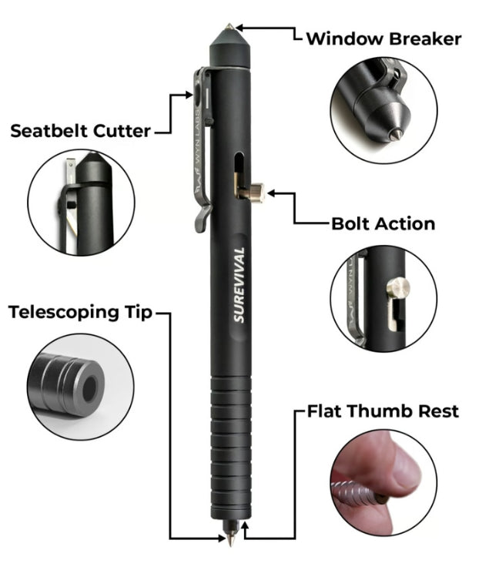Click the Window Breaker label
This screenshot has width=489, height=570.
[x=383, y=39]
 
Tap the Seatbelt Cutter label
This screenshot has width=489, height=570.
[x=80, y=131]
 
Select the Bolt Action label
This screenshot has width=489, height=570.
[x=383, y=223]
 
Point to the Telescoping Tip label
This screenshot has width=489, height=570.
[x=80, y=312]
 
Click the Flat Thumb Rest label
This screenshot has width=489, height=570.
[x=383, y=411]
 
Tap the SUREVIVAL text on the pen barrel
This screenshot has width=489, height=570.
[x=239, y=285]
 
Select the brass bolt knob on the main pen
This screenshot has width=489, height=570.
[x=257, y=193]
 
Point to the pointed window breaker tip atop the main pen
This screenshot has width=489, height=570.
[x=229, y=26]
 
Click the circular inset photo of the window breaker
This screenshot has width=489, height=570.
[x=383, y=110]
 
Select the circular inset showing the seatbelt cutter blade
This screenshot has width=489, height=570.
[x=81, y=202]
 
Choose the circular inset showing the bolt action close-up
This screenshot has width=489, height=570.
[x=383, y=298]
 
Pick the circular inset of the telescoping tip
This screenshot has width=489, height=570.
[x=81, y=387]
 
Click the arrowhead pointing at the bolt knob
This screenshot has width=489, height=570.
[x=271, y=193]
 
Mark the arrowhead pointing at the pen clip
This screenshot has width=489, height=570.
[x=189, y=95]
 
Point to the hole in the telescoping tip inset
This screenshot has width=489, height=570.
[x=90, y=389]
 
